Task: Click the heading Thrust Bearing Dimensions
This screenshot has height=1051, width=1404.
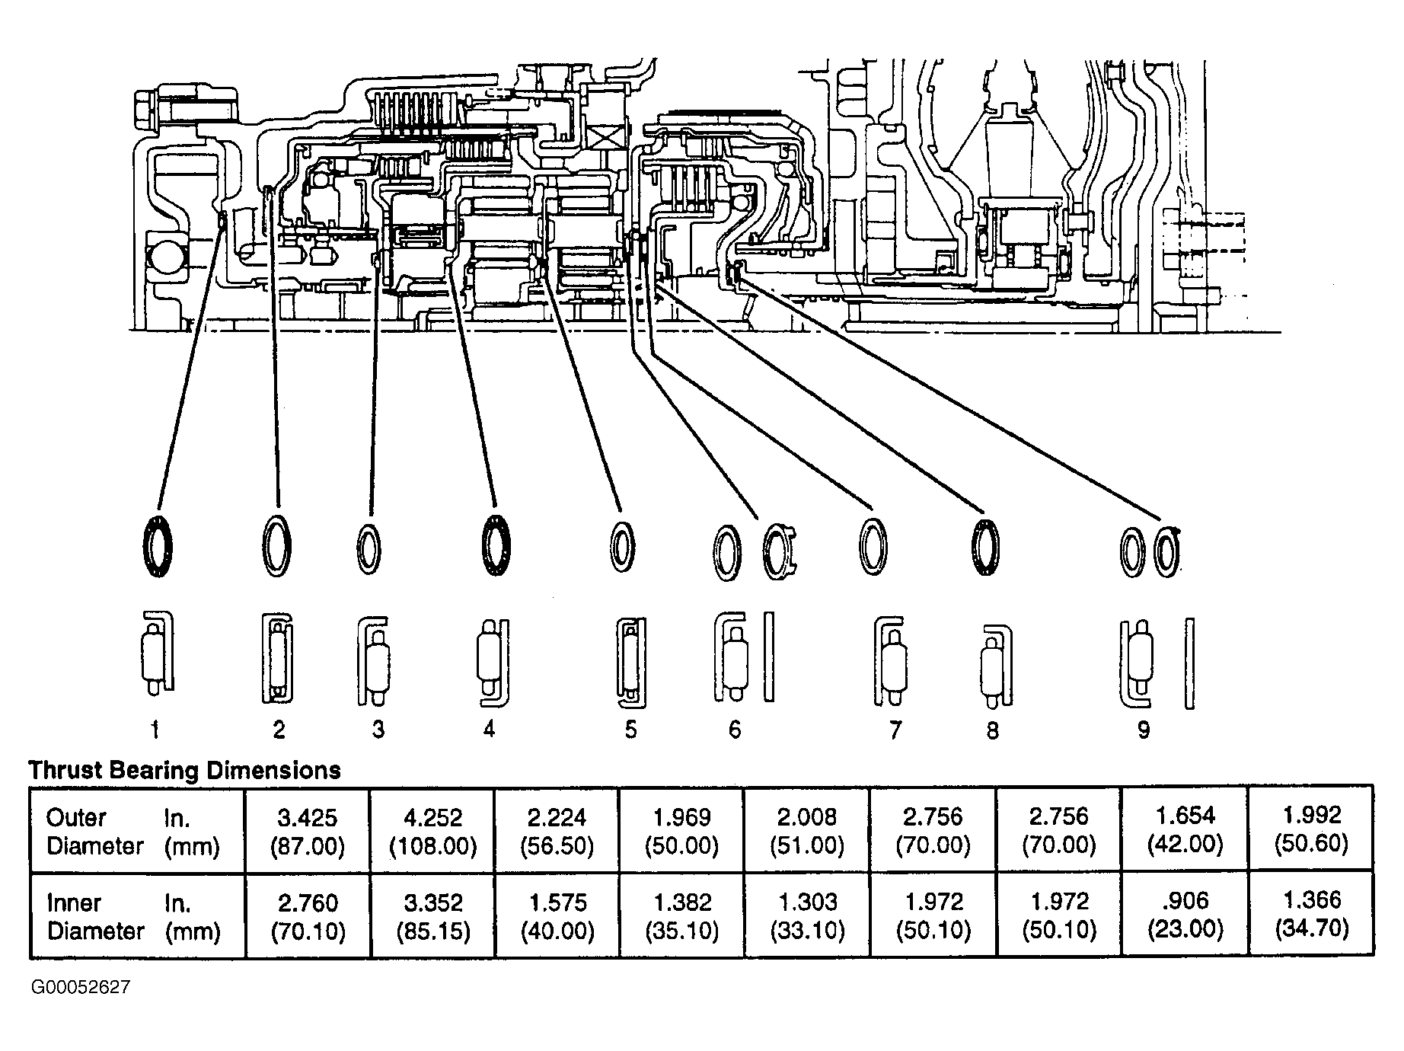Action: point(184,770)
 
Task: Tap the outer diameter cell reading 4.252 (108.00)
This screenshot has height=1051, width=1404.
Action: point(432,831)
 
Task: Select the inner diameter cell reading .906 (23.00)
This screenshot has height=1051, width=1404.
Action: point(1185,915)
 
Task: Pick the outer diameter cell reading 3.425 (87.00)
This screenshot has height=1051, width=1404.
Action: point(308,831)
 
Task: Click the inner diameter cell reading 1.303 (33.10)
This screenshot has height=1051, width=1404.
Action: point(807,915)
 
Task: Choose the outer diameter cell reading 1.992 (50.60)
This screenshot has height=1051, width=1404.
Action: point(1312,831)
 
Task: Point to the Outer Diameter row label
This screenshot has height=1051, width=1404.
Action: point(133,832)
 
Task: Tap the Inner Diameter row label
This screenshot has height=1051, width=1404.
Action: point(133,917)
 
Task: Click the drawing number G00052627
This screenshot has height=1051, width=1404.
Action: point(81,988)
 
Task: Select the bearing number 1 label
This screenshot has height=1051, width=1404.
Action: point(155,730)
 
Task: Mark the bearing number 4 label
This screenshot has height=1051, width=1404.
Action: point(489,729)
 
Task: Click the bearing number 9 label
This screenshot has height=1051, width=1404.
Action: point(1144,730)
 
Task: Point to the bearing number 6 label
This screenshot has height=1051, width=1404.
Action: point(734,730)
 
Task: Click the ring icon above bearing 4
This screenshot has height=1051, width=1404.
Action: point(484,547)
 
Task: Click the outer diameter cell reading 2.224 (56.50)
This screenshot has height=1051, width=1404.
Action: point(557,831)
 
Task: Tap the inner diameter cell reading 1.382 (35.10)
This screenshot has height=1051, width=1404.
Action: point(681,915)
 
